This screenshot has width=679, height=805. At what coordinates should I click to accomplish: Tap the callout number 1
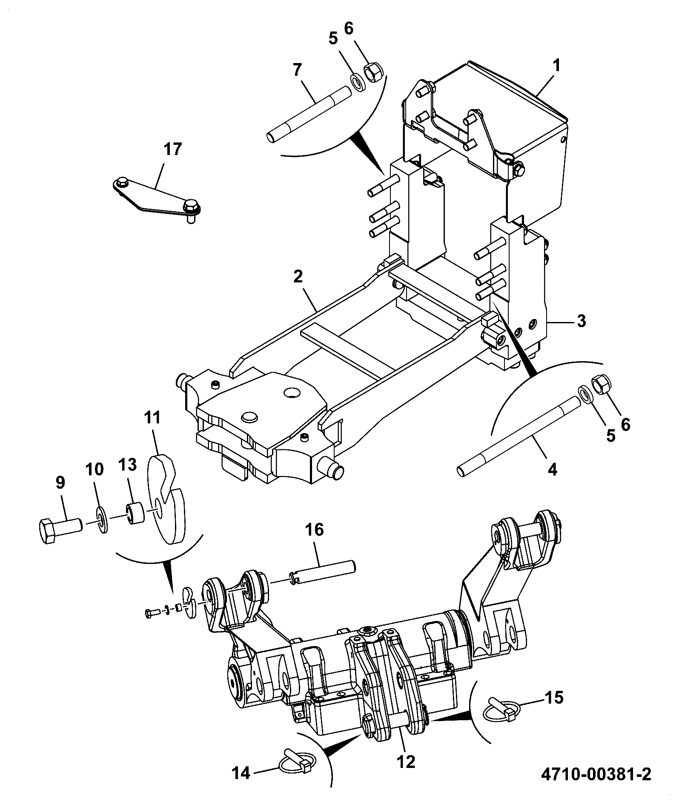tap(556, 66)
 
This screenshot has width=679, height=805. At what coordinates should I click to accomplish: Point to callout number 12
tap(407, 762)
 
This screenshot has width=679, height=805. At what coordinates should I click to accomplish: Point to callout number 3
tap(581, 320)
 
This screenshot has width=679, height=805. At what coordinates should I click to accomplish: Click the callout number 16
tap(314, 530)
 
